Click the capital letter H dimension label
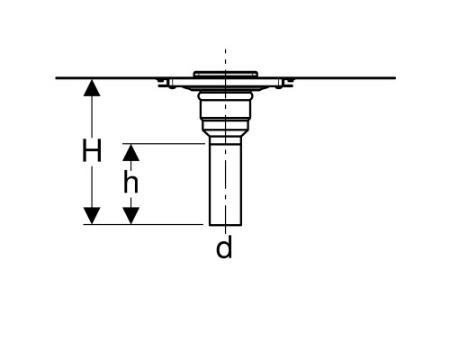(92, 150)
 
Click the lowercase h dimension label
(130, 183)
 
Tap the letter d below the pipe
(224, 247)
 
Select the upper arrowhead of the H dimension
(92, 87)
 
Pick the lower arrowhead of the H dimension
(92, 215)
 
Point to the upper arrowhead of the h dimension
(130, 153)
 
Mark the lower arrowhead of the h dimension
(130, 215)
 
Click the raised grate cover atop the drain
(225, 74)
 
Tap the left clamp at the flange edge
(165, 83)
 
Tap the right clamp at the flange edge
(286, 83)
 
